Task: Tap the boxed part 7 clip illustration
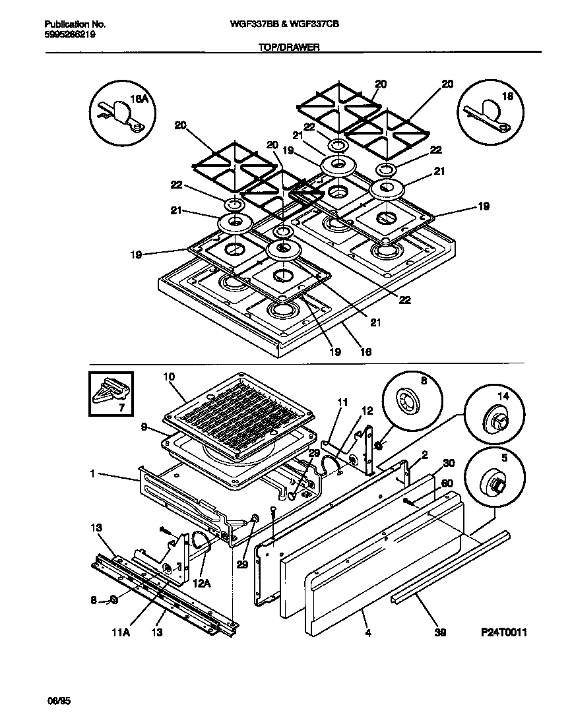coord(111,395)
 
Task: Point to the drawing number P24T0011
coord(504,632)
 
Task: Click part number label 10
coord(169,377)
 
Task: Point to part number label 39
coord(440,632)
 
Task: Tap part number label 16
coord(365,352)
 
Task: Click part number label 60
coord(447,483)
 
